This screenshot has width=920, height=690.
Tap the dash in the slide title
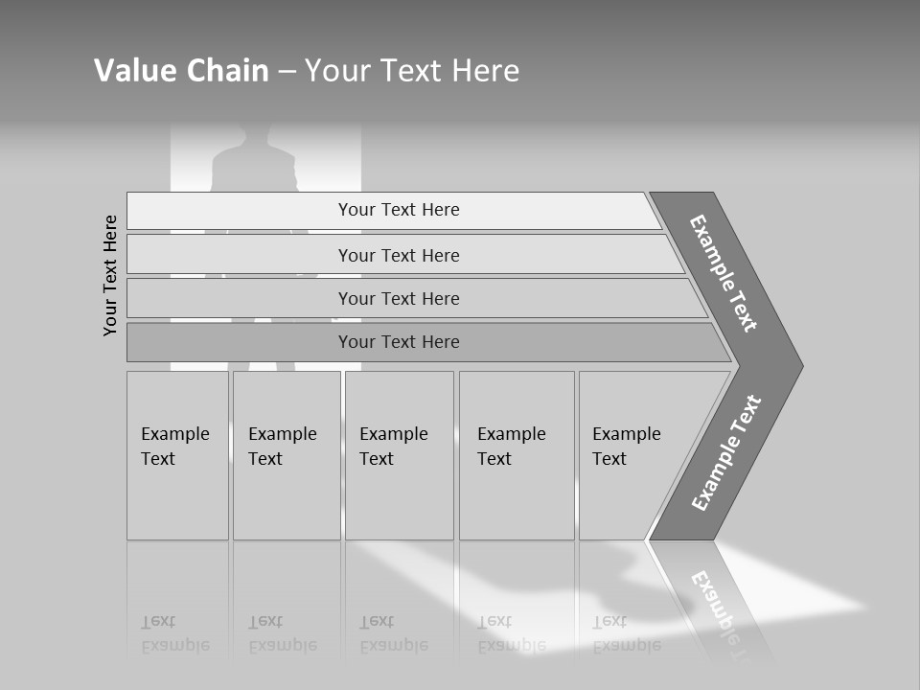click(x=287, y=72)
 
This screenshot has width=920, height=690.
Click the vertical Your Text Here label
click(x=111, y=275)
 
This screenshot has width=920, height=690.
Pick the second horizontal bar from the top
click(x=399, y=255)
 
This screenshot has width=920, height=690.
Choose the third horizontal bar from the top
click(x=399, y=298)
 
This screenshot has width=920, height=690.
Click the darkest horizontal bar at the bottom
click(x=399, y=342)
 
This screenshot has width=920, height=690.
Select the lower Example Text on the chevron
click(x=727, y=452)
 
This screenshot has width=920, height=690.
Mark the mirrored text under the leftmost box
click(x=175, y=633)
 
